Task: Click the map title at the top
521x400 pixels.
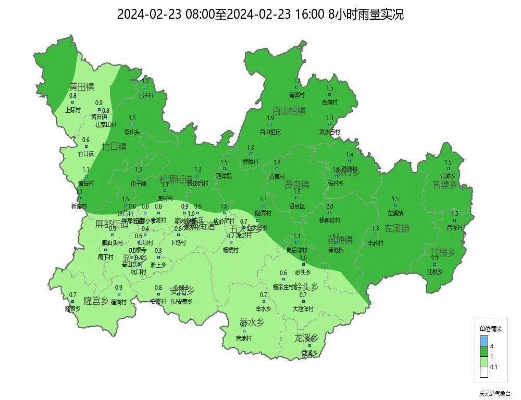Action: tap(260, 15)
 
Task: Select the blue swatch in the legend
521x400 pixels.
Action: tap(483, 341)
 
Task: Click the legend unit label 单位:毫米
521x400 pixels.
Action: tap(490, 329)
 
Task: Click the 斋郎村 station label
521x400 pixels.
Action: tap(297, 95)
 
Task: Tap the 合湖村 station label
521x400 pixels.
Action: tap(330, 102)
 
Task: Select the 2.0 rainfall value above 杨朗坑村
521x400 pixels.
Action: tap(329, 207)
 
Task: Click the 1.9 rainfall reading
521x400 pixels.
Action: tap(270, 118)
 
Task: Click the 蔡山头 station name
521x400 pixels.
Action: tap(132, 132)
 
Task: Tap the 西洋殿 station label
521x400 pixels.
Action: tap(224, 176)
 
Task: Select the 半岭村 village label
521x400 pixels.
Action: tap(376, 243)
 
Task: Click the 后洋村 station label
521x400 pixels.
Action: tap(455, 228)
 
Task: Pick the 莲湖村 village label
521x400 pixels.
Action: tap(119, 302)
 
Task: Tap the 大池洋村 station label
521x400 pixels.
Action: tap(303, 309)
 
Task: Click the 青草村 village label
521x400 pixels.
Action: tap(277, 177)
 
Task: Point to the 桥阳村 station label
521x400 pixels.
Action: tap(251, 162)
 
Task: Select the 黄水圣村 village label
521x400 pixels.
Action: tap(330, 132)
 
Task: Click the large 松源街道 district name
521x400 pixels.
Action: tap(176, 179)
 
